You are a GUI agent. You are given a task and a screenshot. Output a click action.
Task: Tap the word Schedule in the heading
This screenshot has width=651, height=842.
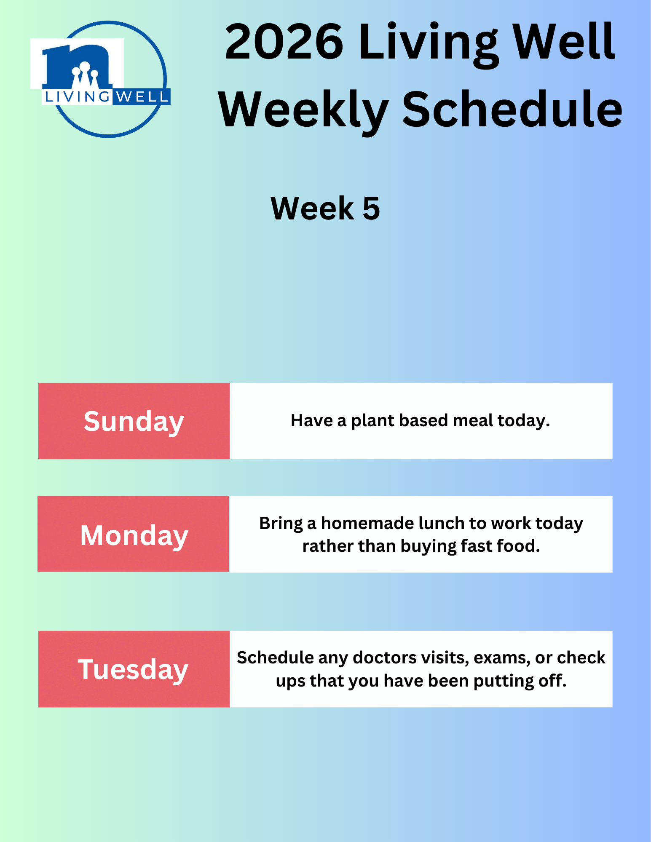coord(512,109)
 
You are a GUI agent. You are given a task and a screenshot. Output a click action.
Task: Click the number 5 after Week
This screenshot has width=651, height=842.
coord(371,208)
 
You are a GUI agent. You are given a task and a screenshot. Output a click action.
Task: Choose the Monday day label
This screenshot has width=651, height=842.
coord(134,536)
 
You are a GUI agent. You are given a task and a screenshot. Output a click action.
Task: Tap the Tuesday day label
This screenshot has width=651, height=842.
coord(133,670)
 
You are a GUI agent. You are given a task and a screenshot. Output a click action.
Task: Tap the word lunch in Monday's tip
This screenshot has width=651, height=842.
coord(441,523)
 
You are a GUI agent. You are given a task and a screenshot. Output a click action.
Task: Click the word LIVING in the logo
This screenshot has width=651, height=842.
coord(77,97)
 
